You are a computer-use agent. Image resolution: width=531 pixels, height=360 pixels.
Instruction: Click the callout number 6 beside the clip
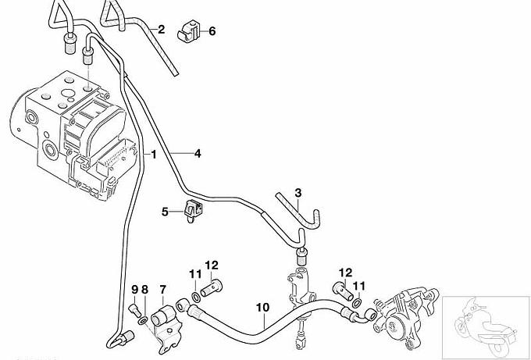[x=212, y=31]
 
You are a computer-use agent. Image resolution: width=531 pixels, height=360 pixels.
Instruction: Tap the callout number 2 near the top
[x=161, y=30]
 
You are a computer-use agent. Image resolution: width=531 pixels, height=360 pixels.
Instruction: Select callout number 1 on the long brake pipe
[x=154, y=155]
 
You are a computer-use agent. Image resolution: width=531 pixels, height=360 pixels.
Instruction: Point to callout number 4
[x=198, y=153]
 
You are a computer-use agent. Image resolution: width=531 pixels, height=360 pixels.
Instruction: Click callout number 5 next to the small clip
[x=165, y=212]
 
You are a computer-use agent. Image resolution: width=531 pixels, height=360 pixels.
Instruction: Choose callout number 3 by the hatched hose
[x=298, y=193]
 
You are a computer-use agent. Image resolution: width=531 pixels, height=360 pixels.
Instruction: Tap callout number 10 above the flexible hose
[x=263, y=308]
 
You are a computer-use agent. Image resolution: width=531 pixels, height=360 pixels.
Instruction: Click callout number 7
[x=163, y=290]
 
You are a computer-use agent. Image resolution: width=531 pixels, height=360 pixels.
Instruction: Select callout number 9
[x=135, y=290]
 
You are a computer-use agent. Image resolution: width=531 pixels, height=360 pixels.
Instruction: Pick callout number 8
[x=145, y=290]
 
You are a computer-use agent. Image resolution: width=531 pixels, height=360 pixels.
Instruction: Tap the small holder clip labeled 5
[x=193, y=211]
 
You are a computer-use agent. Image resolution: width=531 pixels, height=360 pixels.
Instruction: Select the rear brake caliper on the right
[x=406, y=317]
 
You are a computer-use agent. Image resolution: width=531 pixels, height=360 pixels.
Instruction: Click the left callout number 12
[x=212, y=266]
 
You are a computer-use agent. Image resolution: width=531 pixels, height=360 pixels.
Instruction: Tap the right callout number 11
[x=359, y=287]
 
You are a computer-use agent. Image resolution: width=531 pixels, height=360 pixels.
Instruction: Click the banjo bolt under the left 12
[x=212, y=289]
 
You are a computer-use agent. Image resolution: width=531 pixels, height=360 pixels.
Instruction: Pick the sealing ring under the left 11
[x=195, y=298]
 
